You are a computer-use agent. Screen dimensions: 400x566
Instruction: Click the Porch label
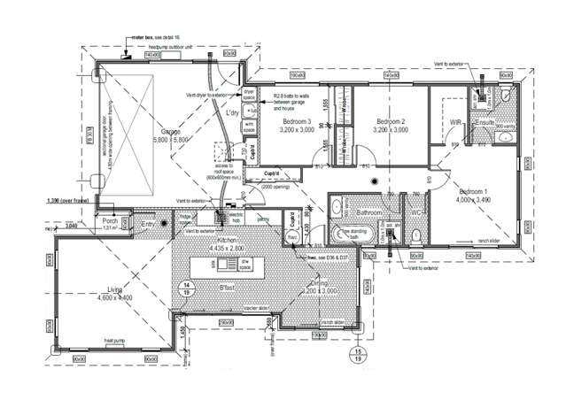(x=111, y=221)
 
